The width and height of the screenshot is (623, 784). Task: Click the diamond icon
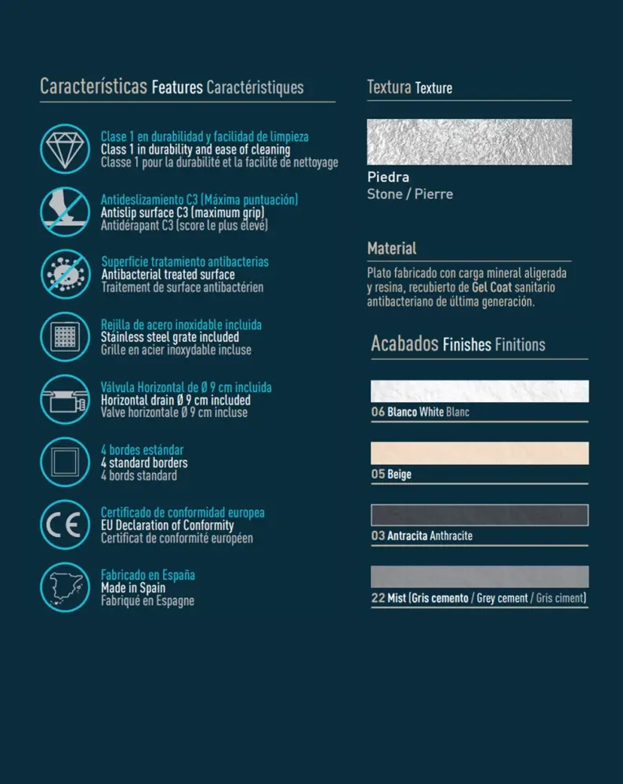coord(66,148)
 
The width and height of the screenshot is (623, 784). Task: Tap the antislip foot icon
coord(66,211)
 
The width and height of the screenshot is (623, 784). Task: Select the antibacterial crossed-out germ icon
coord(66,274)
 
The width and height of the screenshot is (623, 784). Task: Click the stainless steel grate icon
coord(66,336)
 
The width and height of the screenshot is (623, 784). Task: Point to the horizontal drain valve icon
coord(66,399)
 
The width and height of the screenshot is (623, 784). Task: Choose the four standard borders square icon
coord(66,462)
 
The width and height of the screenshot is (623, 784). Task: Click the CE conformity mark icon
coord(66,524)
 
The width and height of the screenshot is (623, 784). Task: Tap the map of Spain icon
coord(66,587)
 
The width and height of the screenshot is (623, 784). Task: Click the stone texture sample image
coord(469,142)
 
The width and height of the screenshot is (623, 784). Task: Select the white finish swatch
coord(479,390)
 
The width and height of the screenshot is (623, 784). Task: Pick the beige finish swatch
coord(479,453)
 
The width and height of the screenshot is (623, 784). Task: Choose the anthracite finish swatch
coord(479,515)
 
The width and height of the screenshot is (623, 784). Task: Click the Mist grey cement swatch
coord(479,577)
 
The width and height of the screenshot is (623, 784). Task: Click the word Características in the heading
coord(93,86)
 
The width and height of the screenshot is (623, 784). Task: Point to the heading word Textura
coord(389,87)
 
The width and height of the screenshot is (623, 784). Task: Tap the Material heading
coord(392,249)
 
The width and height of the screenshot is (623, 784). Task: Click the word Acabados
coord(404,343)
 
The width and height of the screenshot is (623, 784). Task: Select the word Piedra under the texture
coord(388,177)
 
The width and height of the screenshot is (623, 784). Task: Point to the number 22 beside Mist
coord(378,598)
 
